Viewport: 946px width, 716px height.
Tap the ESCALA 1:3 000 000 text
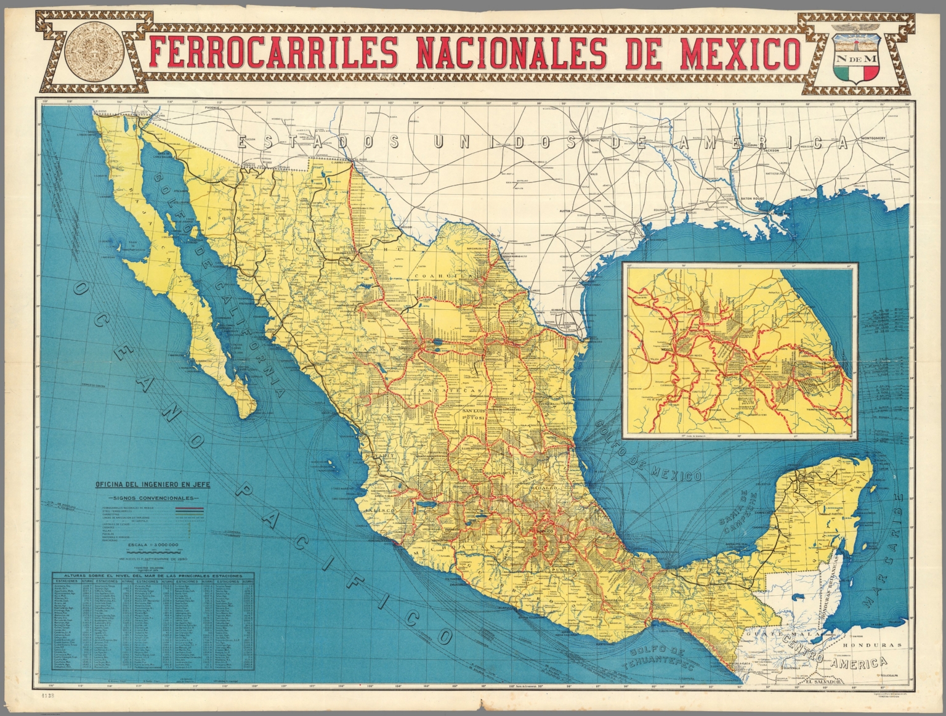click(x=152, y=545)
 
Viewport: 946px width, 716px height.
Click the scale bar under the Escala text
click(x=152, y=552)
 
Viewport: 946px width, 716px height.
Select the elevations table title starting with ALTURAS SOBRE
click(x=152, y=574)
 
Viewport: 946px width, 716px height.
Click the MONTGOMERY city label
click(x=869, y=139)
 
